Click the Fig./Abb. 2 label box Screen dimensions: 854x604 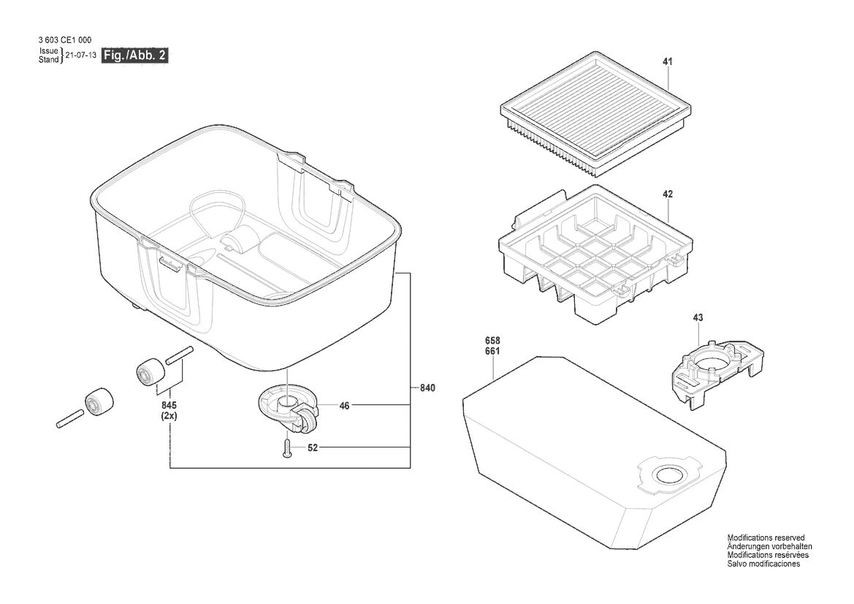click(135, 55)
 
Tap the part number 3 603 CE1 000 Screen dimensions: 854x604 click(65, 39)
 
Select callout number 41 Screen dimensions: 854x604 click(668, 62)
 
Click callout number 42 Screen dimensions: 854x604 click(668, 194)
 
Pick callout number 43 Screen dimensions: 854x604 click(698, 317)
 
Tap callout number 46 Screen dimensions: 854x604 click(344, 406)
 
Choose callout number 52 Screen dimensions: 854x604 click(313, 448)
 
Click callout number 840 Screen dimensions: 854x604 click(427, 388)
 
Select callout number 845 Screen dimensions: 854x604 click(169, 406)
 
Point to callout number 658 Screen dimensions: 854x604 click(492, 341)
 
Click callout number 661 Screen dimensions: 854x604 click(492, 351)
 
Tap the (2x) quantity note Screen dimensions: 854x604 click(169, 415)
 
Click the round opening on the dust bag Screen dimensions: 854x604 click(669, 475)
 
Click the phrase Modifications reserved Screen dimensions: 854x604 click(766, 537)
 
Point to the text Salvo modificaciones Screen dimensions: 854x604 click(763, 564)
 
